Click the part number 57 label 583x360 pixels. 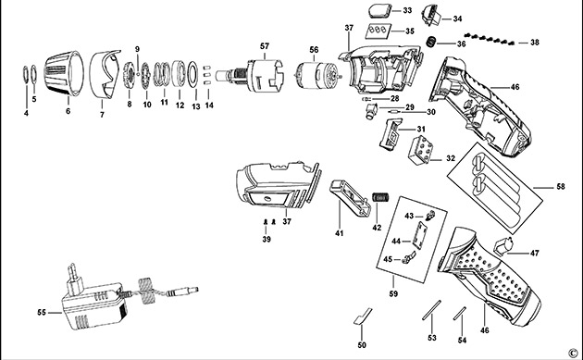(x=265, y=46)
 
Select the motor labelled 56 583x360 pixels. (x=316, y=76)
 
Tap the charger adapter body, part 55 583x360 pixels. (x=95, y=306)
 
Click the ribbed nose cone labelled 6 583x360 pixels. (x=64, y=74)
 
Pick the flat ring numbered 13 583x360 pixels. (x=192, y=74)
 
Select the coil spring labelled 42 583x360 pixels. (x=380, y=197)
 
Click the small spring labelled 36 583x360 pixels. (x=430, y=42)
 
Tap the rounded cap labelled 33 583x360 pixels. (x=379, y=10)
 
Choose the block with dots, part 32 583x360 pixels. (x=422, y=150)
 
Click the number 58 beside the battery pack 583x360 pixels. (x=560, y=186)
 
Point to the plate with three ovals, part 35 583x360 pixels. (x=378, y=31)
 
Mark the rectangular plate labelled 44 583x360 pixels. (x=420, y=236)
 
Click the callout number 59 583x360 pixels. (x=393, y=293)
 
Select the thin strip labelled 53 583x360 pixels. (x=431, y=309)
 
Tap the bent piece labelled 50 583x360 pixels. (x=362, y=317)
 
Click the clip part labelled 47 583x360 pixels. (x=503, y=246)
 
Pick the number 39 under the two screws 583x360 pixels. (x=267, y=239)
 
